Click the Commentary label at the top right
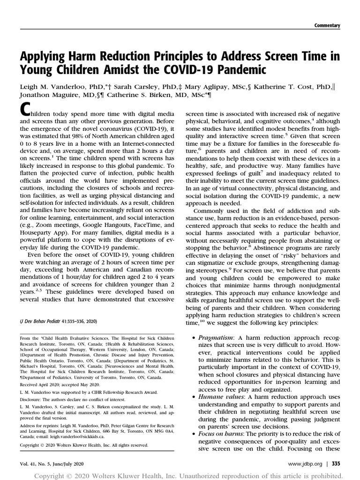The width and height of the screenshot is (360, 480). (327, 25)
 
